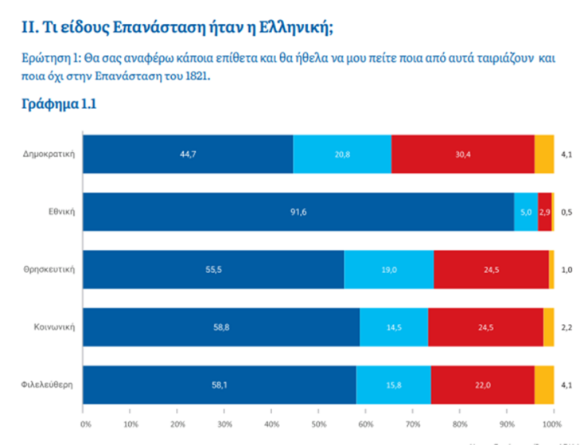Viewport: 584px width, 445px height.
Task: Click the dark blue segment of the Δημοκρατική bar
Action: [x=188, y=154]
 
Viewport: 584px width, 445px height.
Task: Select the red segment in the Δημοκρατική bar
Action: [x=462, y=154]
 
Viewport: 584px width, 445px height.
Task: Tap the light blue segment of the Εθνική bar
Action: [x=526, y=212]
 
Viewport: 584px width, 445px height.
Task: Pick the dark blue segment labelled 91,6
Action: [x=298, y=212]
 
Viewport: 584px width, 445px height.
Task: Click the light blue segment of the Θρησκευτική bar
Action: [x=388, y=269]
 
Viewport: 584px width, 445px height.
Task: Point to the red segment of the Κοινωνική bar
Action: [x=485, y=327]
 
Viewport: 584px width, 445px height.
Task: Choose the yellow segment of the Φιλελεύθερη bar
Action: [x=544, y=384]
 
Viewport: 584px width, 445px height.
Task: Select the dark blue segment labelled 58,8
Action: [x=221, y=327]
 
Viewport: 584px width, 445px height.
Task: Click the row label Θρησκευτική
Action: [x=50, y=269]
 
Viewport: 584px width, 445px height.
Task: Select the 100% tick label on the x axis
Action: [x=552, y=425]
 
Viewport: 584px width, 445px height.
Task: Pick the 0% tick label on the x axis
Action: [x=86, y=425]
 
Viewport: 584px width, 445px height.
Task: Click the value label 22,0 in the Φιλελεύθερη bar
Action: [x=483, y=384]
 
